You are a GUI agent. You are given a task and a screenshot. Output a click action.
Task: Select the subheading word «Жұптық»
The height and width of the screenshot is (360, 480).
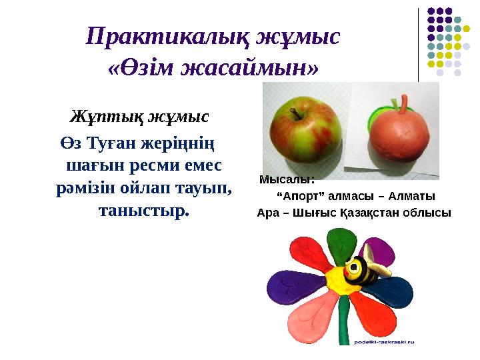pyautogui.click(x=107, y=118)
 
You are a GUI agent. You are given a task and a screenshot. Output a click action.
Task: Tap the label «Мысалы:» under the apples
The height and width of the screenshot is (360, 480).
pyautogui.click(x=287, y=179)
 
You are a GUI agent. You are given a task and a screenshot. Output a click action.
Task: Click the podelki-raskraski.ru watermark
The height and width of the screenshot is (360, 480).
pyautogui.click(x=385, y=341)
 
